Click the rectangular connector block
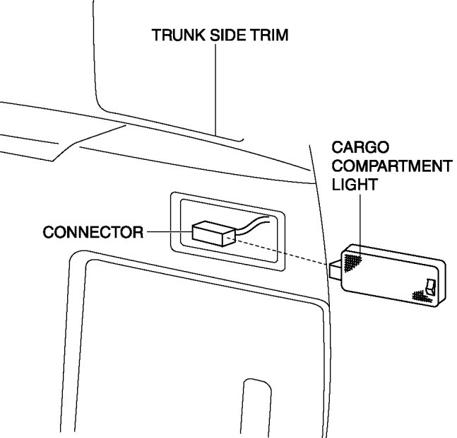(x=209, y=233)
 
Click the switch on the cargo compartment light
(x=430, y=287)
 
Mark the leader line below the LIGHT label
(x=360, y=223)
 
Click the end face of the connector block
(x=227, y=237)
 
